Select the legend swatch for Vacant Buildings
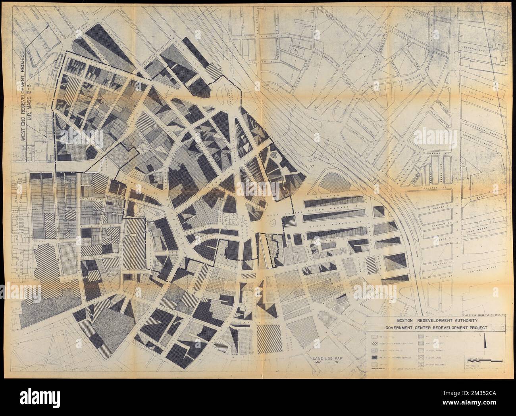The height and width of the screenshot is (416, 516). click(x=421, y=365)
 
